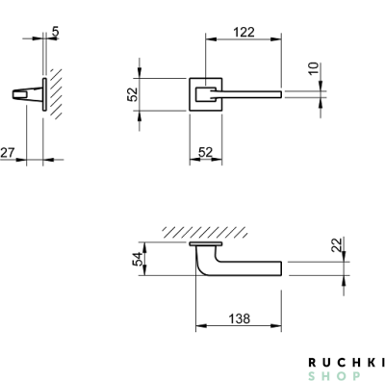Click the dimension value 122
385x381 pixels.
tap(244, 33)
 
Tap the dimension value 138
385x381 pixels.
tap(239, 318)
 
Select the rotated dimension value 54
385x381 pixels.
tap(138, 259)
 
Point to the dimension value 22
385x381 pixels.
tap(336, 245)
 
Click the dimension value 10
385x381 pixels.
tap(314, 68)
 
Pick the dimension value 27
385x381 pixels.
tap(8, 152)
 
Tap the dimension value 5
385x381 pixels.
tap(55, 32)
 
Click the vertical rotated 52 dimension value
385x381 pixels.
tap(132, 94)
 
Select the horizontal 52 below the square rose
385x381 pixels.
tap(206, 152)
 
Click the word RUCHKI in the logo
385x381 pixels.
tap(346, 363)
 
